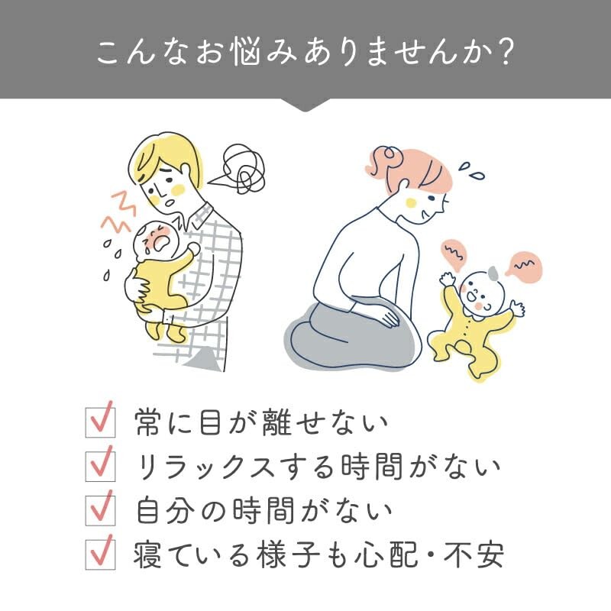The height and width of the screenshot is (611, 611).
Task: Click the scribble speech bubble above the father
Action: (x=238, y=169)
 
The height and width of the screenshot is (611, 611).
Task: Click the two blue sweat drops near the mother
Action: (x=471, y=170)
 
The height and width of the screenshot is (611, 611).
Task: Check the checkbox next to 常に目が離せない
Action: (x=101, y=422)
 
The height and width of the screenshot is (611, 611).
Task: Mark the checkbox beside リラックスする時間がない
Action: (x=101, y=467)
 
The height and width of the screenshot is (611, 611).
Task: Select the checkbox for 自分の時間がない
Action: (x=101, y=511)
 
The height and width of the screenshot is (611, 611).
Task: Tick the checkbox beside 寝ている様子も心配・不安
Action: (x=101, y=555)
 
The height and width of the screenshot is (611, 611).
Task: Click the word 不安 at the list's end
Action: (x=474, y=555)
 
